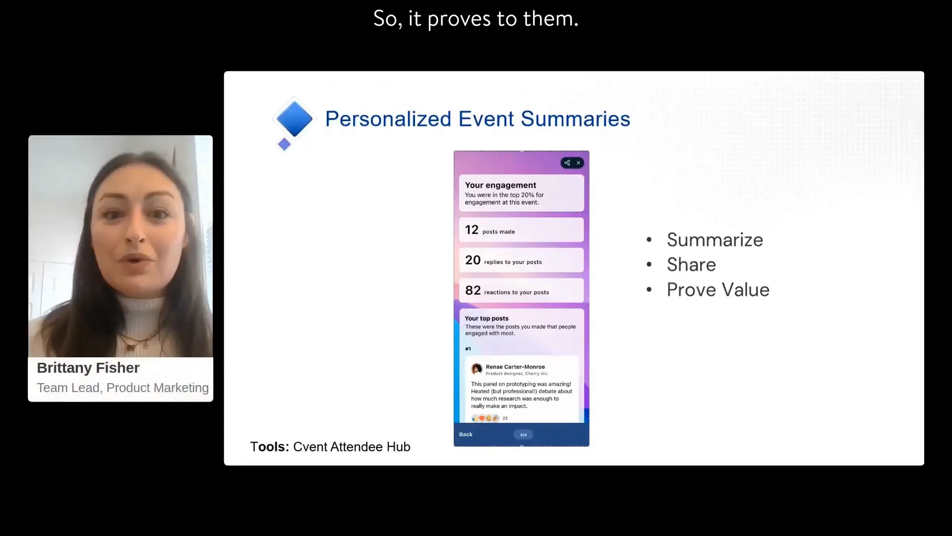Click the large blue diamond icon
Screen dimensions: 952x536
[x=294, y=119]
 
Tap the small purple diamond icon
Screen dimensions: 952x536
[x=284, y=144]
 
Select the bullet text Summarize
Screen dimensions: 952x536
[x=714, y=240]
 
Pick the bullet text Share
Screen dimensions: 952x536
[x=691, y=265]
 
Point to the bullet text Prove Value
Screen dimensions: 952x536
[x=718, y=290]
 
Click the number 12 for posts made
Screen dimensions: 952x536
[x=472, y=230]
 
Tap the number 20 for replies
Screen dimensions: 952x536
[x=473, y=260]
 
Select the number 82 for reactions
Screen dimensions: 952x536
[x=473, y=290]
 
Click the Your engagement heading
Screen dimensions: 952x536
[x=500, y=185]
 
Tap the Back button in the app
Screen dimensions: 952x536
[x=466, y=434]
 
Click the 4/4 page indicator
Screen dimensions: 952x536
[x=523, y=435]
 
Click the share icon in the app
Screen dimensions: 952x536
[x=567, y=163]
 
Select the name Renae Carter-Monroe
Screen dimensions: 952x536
[x=515, y=367]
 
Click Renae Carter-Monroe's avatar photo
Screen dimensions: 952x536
[x=476, y=369]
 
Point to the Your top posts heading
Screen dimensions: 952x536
[x=486, y=319]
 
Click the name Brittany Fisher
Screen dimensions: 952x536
[x=88, y=368]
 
